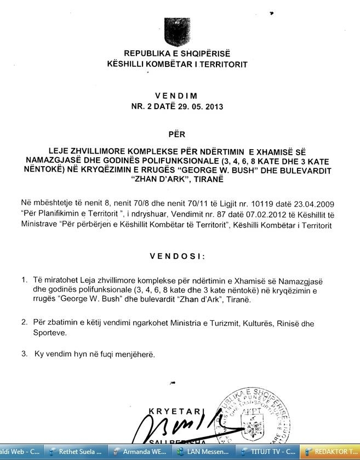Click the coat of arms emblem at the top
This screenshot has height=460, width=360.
click(177, 32)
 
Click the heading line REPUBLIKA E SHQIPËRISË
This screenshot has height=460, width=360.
click(177, 54)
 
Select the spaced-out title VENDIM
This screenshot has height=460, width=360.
click(176, 96)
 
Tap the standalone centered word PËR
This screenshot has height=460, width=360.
click(176, 134)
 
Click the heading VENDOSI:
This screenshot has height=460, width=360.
click(178, 256)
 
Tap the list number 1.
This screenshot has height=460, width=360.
click(24, 280)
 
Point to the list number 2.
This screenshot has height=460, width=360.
click(24, 323)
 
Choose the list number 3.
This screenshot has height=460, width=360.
click(24, 354)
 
